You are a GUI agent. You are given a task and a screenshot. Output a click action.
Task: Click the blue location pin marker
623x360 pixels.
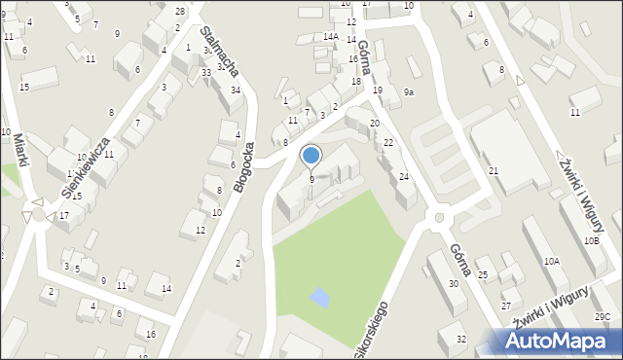(311, 156)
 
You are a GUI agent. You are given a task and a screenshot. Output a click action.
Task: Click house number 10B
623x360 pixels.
(591, 240)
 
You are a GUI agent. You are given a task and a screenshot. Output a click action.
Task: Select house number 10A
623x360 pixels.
(552, 261)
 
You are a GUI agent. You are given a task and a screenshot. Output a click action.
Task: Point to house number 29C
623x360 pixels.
(604, 316)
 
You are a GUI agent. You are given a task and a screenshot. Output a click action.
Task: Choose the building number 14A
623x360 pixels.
(331, 37)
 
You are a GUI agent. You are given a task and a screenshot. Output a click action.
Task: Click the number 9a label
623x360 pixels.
(410, 91)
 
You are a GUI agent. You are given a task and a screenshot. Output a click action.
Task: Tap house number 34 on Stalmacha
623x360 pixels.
(236, 90)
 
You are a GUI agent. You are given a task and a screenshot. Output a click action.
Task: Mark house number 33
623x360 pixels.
(206, 73)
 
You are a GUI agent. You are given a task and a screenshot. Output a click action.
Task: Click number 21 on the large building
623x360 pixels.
(494, 171)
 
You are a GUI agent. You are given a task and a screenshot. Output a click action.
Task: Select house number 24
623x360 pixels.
(403, 176)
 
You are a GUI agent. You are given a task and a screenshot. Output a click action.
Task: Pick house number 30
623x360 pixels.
(453, 283)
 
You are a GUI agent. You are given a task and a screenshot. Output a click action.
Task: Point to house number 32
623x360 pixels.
(461, 339)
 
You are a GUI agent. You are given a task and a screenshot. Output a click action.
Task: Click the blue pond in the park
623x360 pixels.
(319, 296)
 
